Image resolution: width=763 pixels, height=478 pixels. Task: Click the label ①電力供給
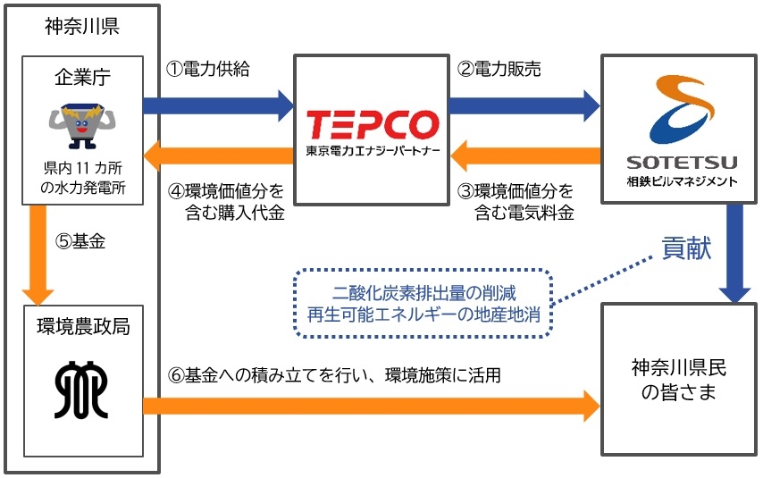208,70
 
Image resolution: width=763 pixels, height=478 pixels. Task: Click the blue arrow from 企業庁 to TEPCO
218,105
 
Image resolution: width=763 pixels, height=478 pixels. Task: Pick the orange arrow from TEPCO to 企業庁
218,158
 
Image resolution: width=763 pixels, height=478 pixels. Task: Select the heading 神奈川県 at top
81,26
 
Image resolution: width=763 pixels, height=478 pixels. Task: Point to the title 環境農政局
81,327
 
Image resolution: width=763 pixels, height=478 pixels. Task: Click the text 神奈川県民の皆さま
673,380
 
